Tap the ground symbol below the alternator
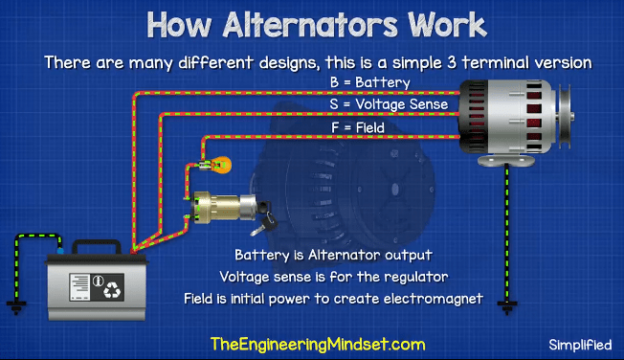coord(504,309)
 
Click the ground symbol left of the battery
coord(16,307)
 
